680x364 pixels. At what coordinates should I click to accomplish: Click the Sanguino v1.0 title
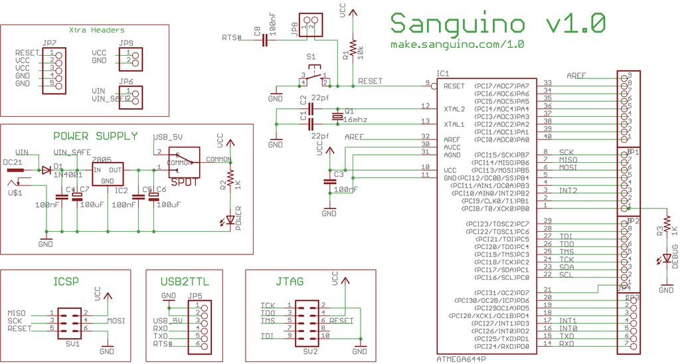497,23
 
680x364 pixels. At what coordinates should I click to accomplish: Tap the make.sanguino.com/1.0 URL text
458,45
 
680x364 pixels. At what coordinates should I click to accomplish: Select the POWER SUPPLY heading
95,136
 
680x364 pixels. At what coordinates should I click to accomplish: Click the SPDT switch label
183,181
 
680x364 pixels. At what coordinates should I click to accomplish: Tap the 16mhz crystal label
356,120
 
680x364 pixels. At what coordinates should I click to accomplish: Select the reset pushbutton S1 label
311,58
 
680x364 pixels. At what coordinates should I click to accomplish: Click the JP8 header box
309,27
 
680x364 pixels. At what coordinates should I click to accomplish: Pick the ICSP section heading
66,282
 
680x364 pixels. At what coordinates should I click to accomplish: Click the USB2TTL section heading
184,282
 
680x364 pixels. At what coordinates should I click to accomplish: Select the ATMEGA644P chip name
461,358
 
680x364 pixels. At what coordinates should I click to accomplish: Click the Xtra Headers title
97,30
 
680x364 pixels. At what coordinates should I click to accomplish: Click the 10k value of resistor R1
361,53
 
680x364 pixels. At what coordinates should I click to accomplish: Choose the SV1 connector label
72,345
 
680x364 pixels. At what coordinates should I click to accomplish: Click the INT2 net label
568,191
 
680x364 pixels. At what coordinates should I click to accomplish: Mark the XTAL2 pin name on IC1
454,108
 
